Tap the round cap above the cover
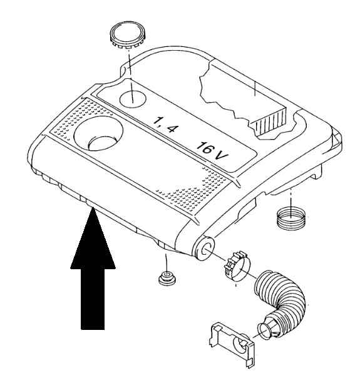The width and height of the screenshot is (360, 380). tap(128, 36)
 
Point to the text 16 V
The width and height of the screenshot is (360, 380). tap(212, 151)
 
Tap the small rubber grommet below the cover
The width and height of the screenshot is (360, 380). tap(167, 278)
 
